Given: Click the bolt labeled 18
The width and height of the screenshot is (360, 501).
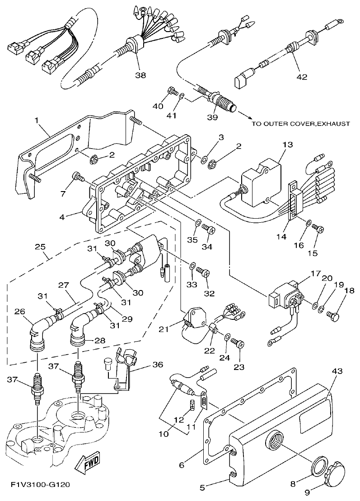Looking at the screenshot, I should click(335, 310).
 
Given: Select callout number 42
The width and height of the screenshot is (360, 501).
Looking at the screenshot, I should click(302, 77).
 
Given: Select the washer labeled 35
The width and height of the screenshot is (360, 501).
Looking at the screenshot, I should click(198, 223).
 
